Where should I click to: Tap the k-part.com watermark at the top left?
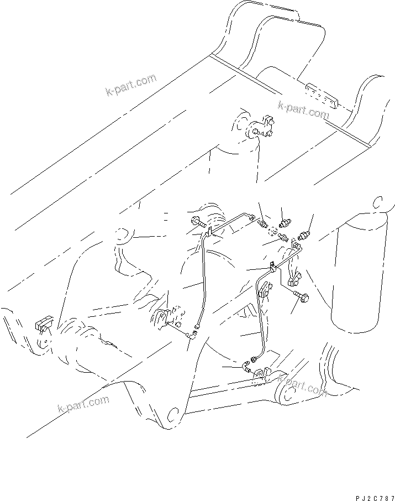point(131,85)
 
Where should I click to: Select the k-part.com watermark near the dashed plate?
point(303,110)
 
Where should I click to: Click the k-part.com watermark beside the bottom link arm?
point(302,384)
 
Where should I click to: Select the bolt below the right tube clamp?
point(301,297)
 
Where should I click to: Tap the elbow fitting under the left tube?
point(194,334)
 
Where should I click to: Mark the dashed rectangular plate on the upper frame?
point(320,95)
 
